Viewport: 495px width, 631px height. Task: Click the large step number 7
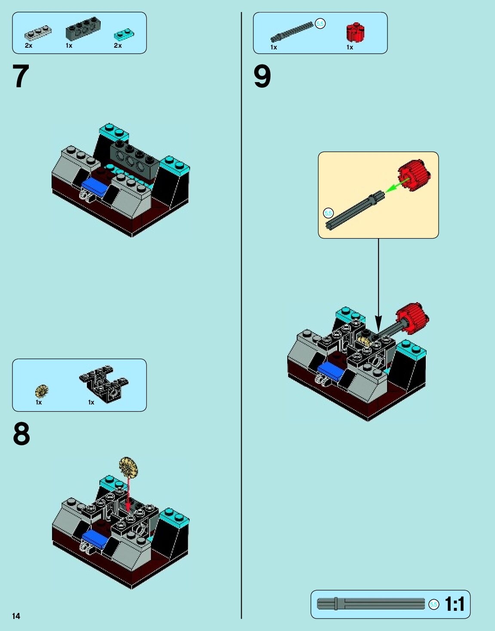click(x=21, y=76)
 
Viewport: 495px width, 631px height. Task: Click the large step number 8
click(x=21, y=433)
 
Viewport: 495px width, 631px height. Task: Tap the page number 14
click(x=16, y=616)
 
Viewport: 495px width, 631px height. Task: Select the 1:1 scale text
click(x=455, y=604)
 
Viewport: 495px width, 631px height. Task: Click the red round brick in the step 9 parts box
click(x=355, y=32)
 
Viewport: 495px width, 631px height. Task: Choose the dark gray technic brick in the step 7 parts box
click(x=83, y=28)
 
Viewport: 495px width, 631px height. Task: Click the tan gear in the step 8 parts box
click(x=42, y=391)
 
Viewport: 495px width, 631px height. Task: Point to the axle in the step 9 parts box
click(x=292, y=31)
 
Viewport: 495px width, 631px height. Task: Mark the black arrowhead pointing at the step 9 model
click(x=378, y=323)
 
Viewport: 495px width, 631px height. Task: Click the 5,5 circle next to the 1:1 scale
click(x=434, y=605)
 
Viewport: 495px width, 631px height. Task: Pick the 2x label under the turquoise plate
click(x=118, y=46)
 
